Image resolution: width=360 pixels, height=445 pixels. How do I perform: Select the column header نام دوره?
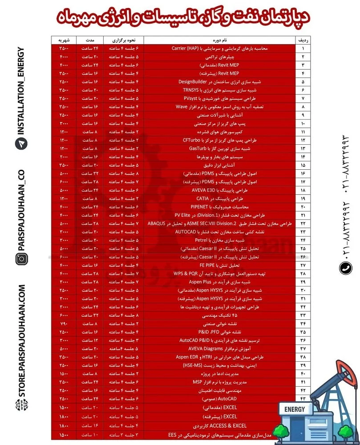coord(219,40)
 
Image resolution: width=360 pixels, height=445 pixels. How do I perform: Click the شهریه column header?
coord(63,40)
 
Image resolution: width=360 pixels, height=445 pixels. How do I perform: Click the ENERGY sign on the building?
coord(294,409)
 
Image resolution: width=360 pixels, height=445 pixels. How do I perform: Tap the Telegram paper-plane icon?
coord(21,143)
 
